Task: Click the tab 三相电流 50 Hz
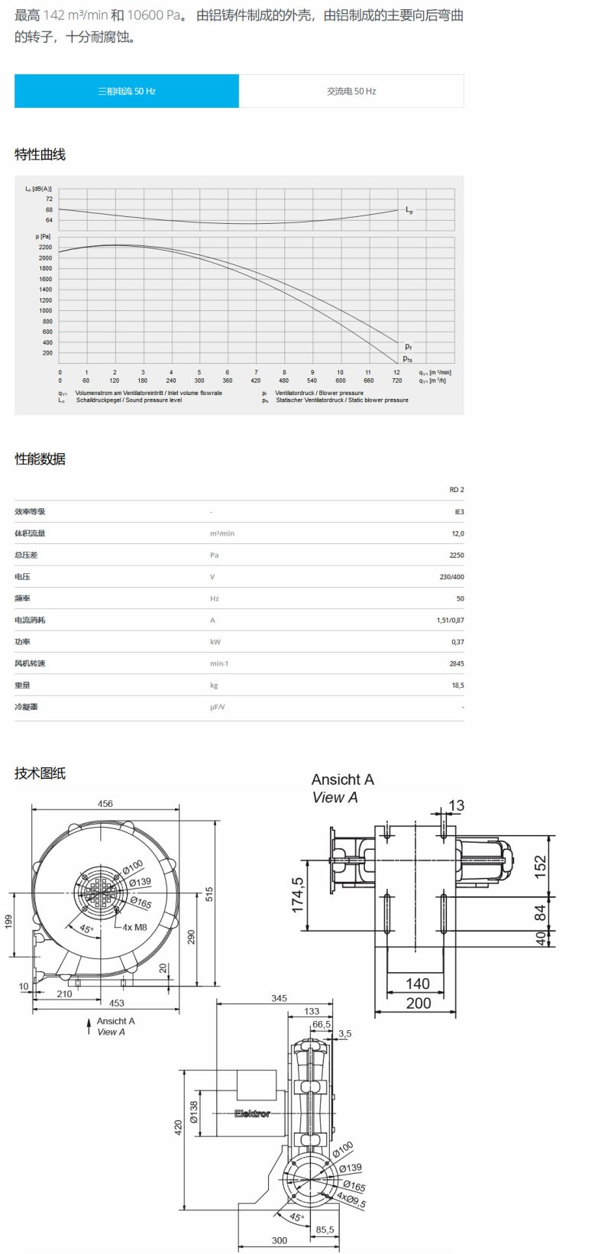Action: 127,91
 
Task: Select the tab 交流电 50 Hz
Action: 351,91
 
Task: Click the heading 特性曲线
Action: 40,154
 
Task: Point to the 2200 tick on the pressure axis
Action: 45,248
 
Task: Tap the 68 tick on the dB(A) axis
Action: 49,209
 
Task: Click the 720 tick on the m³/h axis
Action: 396,381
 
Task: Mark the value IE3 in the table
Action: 458,512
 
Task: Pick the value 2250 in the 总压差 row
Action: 456,556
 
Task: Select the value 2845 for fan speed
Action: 456,664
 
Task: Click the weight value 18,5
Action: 457,685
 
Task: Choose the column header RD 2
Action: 456,490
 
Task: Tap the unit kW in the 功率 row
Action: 215,642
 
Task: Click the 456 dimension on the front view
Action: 105,804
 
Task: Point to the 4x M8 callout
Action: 134,927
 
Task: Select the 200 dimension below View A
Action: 418,1003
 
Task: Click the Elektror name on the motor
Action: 252,1113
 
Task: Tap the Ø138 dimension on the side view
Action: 194,1112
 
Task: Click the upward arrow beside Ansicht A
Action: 89,1026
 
